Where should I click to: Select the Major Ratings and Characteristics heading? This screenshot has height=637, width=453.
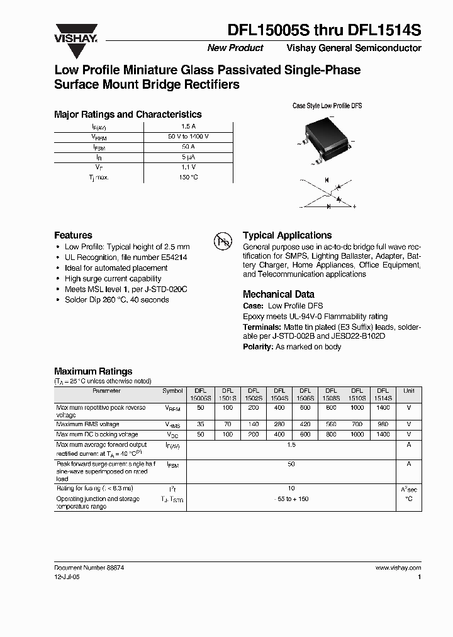128,115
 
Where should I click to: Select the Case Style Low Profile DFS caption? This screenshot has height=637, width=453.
327,106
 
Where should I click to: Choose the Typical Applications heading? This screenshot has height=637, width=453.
287,235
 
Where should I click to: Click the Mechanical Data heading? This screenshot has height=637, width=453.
278,294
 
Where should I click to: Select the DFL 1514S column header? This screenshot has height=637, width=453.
383,394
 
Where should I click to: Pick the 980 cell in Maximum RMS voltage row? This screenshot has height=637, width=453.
383,425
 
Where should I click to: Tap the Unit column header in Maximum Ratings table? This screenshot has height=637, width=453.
409,391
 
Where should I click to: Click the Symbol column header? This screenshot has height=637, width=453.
172,391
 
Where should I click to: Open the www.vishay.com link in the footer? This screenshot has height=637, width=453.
398,567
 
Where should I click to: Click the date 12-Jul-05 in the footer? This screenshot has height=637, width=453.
67,577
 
